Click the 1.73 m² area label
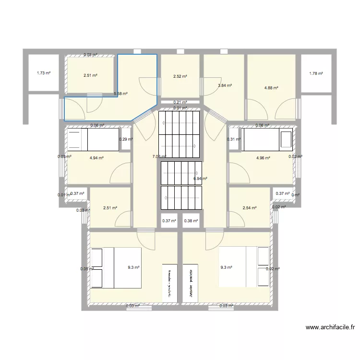click(44, 73)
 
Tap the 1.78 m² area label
click(315, 73)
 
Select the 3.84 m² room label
click(225, 85)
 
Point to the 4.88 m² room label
click(271, 88)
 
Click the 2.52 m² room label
click(180, 76)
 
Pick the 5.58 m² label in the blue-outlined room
click(120, 94)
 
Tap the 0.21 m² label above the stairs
click(180, 102)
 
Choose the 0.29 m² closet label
click(126, 140)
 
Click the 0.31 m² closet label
click(234, 140)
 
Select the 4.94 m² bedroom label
click(97, 157)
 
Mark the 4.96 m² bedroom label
click(264, 157)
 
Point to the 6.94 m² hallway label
click(200, 179)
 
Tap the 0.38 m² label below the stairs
click(191, 221)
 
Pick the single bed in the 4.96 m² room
click(267, 139)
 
